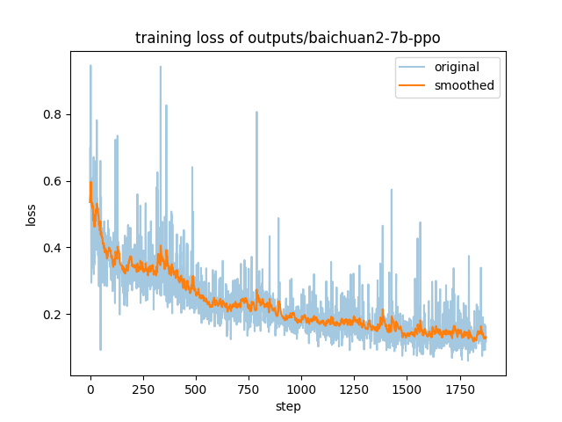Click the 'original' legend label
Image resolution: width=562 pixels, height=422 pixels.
coord(461,68)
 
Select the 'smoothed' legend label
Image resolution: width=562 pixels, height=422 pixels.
coord(465,86)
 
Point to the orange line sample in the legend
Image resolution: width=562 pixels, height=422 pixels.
coord(413,86)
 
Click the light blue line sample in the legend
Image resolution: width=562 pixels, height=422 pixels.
coord(413,68)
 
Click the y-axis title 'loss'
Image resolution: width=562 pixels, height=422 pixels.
coord(32,215)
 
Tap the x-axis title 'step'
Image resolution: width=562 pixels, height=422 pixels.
coord(288,407)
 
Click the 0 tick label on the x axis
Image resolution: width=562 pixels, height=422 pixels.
coord(90,389)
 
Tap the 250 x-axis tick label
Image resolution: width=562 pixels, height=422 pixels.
coord(142,389)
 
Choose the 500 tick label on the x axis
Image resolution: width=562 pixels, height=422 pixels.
coord(195,389)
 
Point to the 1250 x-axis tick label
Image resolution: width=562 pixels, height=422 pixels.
coord(354,389)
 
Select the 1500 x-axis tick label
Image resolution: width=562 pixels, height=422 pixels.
coord(407,389)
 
